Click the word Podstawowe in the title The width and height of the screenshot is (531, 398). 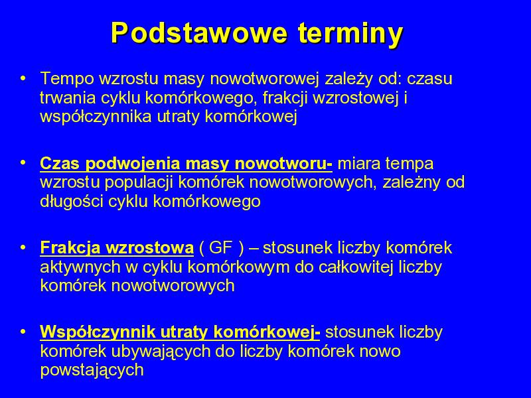tap(200, 33)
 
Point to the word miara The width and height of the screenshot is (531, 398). tap(359, 163)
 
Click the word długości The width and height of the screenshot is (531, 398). tap(72, 202)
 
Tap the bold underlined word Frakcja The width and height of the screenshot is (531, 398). tap(70, 248)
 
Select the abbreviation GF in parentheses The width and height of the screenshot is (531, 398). tap(220, 247)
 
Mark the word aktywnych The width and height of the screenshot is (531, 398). tap(80, 267)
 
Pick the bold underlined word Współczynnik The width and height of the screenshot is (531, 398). tap(98, 333)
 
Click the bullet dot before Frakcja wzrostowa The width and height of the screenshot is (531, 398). tap(23, 248)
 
